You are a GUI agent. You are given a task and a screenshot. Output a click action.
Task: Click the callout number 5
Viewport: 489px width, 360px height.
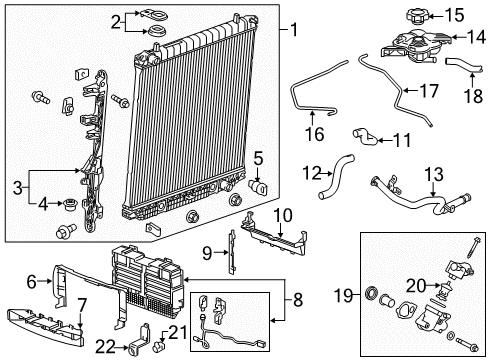257,157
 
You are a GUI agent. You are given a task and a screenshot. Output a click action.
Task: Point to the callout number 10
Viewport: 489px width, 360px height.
283,214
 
